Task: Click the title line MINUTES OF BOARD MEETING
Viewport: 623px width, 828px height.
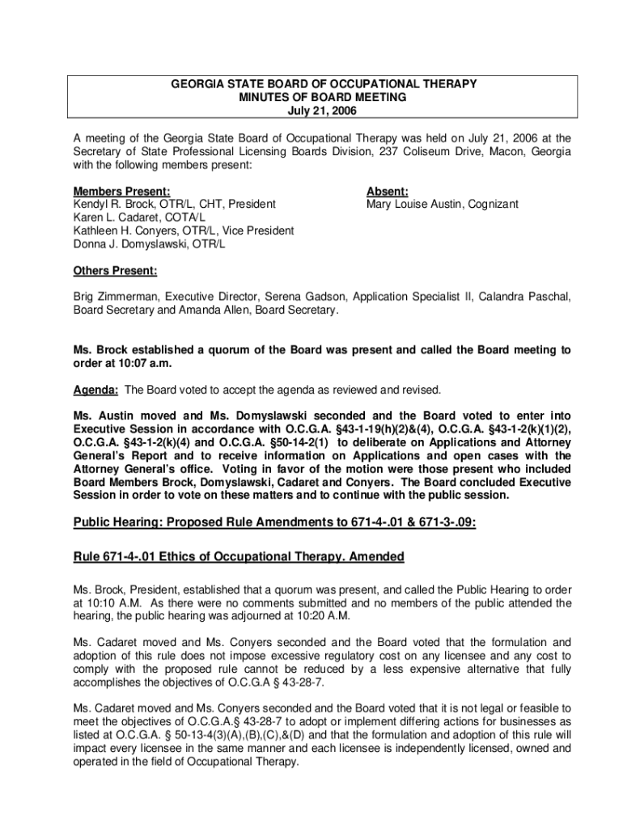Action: pos(322,97)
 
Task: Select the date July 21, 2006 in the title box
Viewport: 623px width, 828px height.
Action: pos(322,110)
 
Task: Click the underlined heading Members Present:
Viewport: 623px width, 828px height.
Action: pos(121,192)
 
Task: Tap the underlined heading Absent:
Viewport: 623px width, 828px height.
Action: pos(387,192)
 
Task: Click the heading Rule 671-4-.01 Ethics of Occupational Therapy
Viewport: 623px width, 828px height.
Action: pos(239,557)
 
